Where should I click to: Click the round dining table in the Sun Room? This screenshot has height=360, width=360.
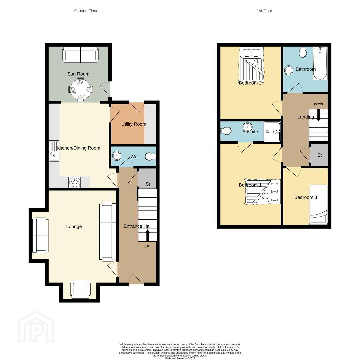81,90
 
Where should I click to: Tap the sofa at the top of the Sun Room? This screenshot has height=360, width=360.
81,55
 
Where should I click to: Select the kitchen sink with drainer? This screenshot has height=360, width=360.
54,151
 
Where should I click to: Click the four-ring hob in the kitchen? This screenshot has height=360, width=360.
74,183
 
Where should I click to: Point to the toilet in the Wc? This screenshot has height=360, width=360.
150,156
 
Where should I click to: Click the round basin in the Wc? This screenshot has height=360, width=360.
117,156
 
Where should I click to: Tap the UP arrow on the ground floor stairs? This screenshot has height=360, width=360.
148,236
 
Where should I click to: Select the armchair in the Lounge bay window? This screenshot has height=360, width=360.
80,289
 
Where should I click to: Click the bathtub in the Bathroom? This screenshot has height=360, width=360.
320,63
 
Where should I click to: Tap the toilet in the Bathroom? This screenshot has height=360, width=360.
303,52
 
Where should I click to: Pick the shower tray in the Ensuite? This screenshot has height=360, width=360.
272,132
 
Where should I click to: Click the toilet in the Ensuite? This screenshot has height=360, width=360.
226,131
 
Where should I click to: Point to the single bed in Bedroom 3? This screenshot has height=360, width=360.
318,204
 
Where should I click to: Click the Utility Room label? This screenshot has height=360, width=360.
134,124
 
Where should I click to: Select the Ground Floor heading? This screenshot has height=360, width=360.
86,11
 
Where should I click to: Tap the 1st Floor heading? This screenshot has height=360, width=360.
264,11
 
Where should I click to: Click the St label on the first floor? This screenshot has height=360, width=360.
320,155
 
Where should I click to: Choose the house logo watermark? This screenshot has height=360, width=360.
36,327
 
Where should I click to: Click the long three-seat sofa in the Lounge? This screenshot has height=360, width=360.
108,232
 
